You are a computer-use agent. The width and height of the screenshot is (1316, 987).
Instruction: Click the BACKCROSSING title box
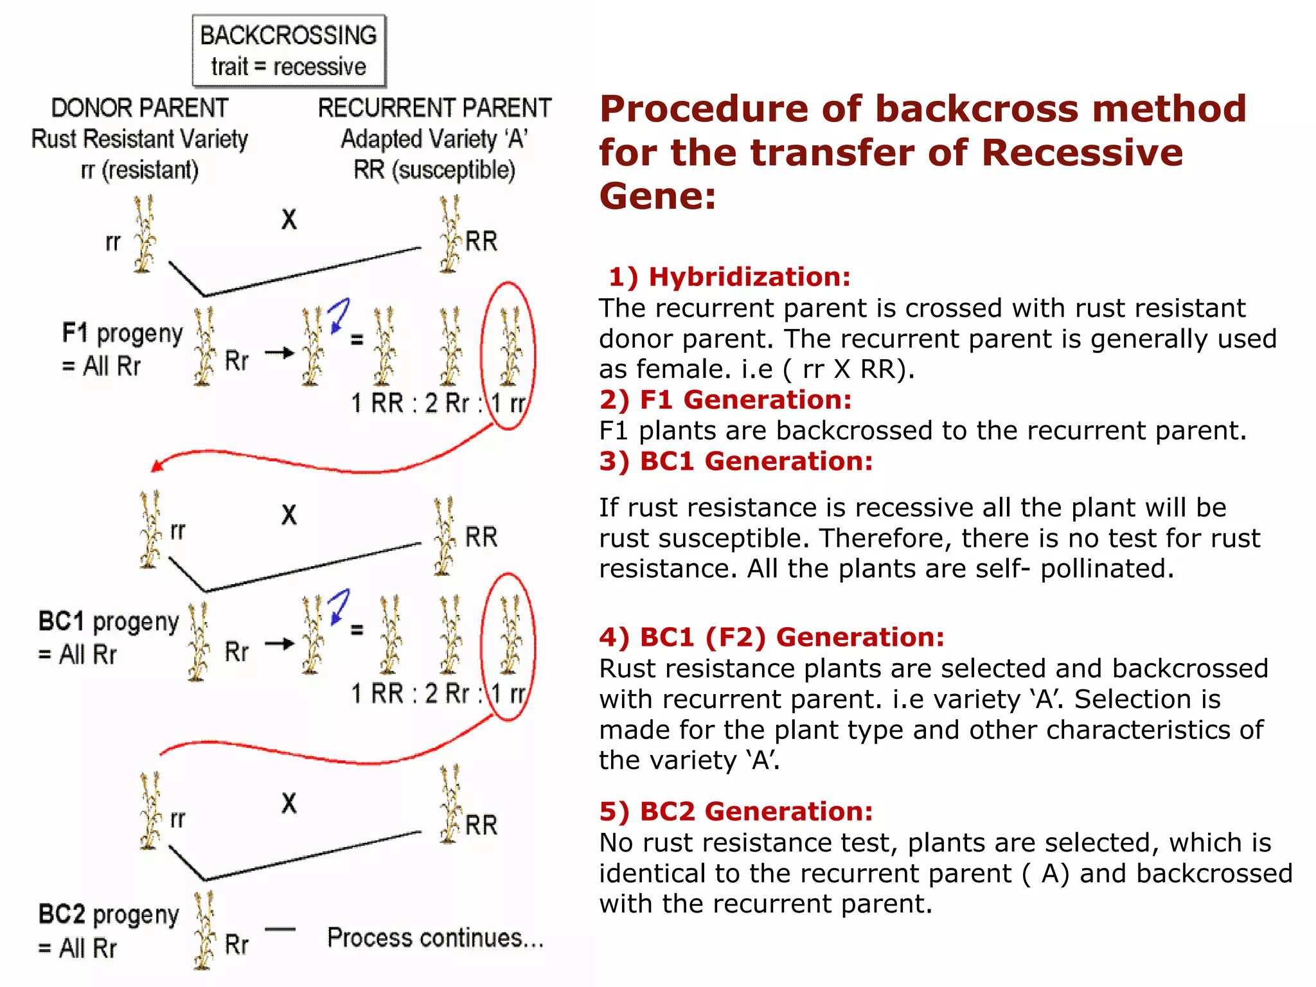click(289, 51)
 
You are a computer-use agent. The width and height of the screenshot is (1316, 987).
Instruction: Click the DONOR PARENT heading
click(139, 108)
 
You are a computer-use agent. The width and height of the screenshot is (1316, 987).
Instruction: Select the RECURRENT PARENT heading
click(434, 108)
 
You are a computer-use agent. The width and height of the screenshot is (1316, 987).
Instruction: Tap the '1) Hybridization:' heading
click(729, 277)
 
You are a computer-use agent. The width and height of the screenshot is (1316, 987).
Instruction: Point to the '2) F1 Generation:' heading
click(725, 400)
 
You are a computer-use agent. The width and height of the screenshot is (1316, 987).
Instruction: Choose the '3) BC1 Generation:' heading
click(736, 461)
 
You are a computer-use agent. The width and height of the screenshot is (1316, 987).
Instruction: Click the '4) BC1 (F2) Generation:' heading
click(772, 637)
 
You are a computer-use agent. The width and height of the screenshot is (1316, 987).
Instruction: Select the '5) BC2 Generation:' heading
click(736, 812)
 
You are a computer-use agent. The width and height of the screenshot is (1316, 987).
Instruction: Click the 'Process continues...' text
click(435, 938)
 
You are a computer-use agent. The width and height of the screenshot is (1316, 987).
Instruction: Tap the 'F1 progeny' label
click(122, 333)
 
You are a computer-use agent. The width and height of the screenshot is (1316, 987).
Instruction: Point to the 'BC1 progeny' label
click(109, 621)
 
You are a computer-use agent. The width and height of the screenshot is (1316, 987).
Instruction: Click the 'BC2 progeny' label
click(109, 914)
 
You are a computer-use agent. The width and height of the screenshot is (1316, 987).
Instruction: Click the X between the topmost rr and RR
click(289, 220)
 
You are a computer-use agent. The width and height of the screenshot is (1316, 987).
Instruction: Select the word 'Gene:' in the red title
click(657, 196)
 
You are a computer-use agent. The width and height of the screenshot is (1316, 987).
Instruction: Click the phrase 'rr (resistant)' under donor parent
click(139, 170)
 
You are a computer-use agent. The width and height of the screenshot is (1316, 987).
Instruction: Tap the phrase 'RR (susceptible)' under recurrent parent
click(434, 170)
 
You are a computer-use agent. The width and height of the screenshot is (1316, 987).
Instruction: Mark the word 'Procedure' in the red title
click(703, 109)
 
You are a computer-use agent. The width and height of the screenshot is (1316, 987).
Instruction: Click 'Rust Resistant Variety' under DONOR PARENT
click(139, 139)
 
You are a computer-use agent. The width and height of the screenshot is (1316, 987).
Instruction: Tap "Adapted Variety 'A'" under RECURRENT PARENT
click(434, 139)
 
